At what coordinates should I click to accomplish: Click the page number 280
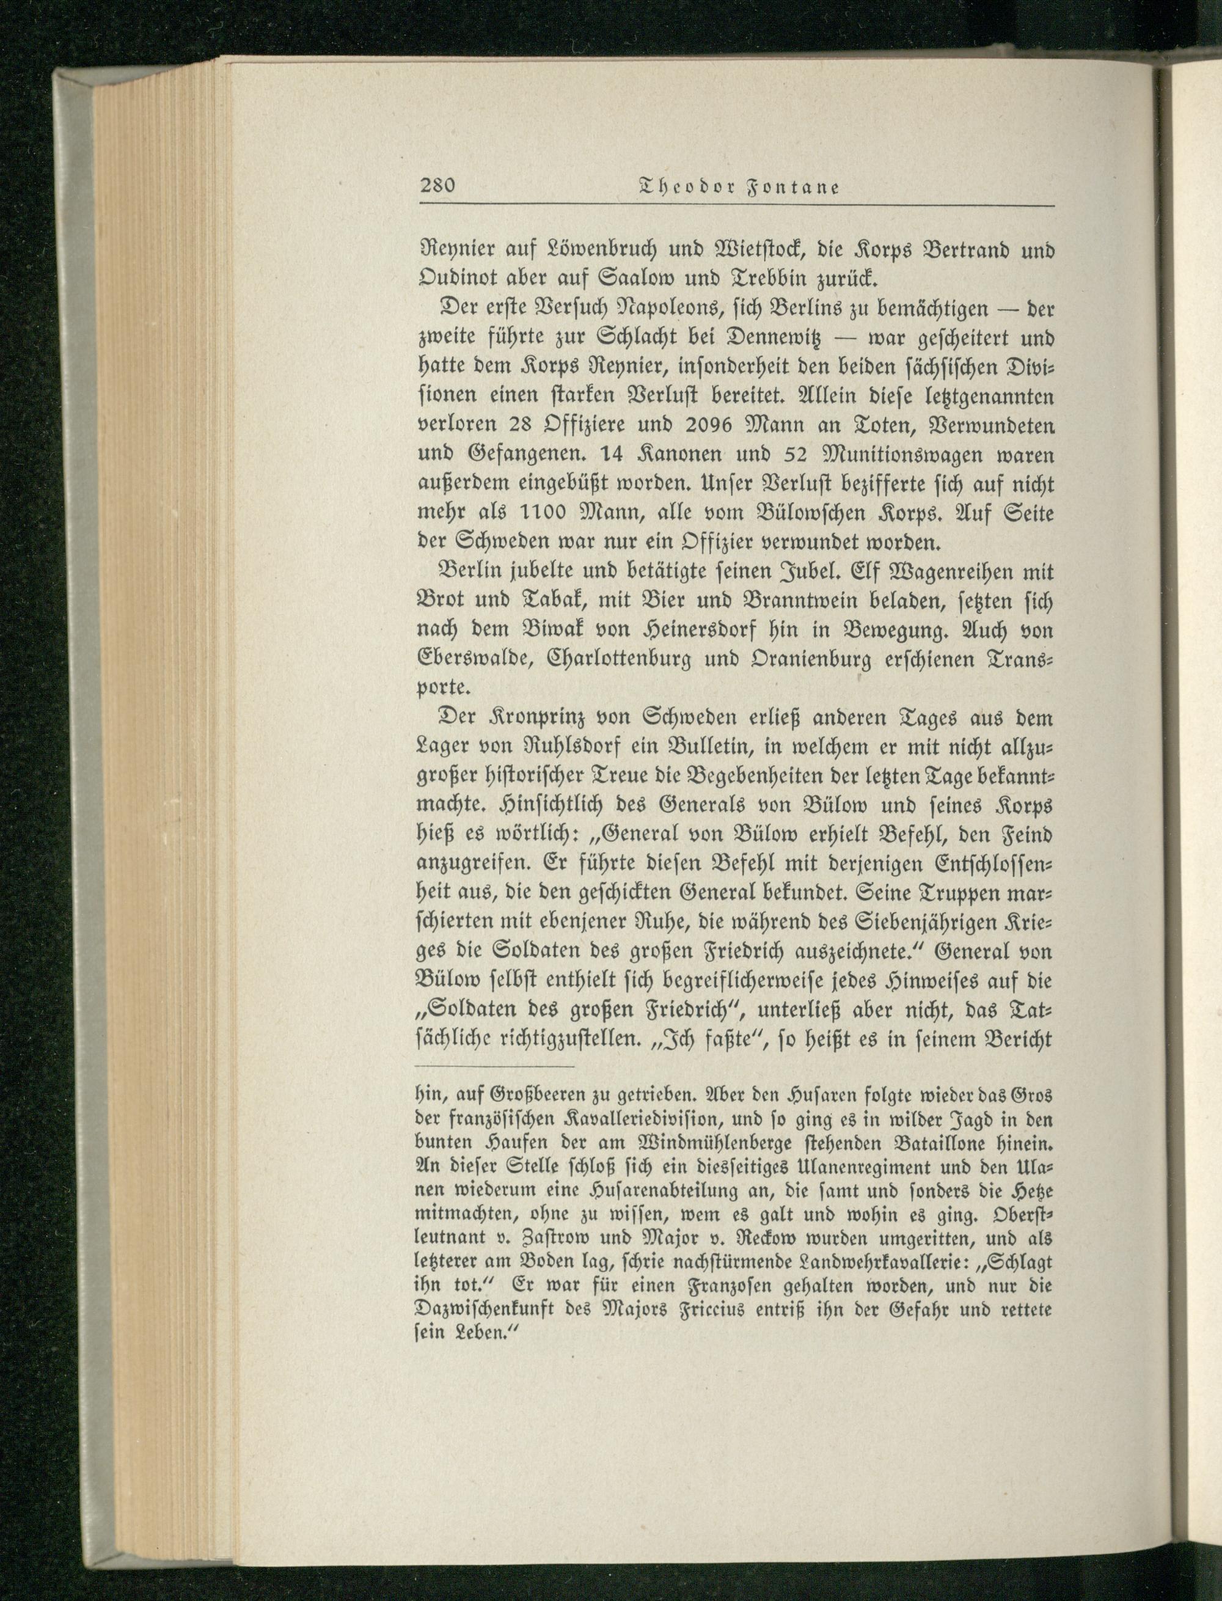point(437,186)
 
